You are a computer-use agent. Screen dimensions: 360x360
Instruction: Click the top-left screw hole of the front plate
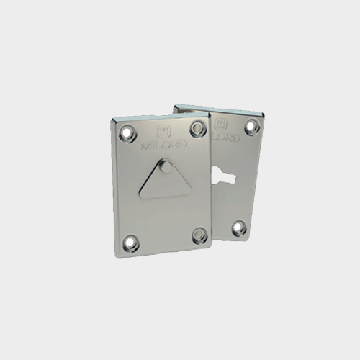pyautogui.click(x=128, y=132)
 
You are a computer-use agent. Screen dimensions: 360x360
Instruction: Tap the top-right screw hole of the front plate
pyautogui.click(x=197, y=128)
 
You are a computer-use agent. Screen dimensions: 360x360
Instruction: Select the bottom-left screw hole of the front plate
pyautogui.click(x=130, y=243)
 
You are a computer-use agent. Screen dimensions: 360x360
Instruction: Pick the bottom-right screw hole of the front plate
pyautogui.click(x=199, y=235)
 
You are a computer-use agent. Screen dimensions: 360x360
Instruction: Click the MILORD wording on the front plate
pyautogui.click(x=164, y=145)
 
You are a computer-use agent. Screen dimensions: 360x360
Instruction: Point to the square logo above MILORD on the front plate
pyautogui.click(x=163, y=132)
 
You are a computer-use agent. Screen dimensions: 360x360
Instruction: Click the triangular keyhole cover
pyautogui.click(x=163, y=179)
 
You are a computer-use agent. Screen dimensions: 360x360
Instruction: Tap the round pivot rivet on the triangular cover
pyautogui.click(x=166, y=167)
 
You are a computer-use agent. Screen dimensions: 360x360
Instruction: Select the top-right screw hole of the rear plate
pyautogui.click(x=252, y=125)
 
